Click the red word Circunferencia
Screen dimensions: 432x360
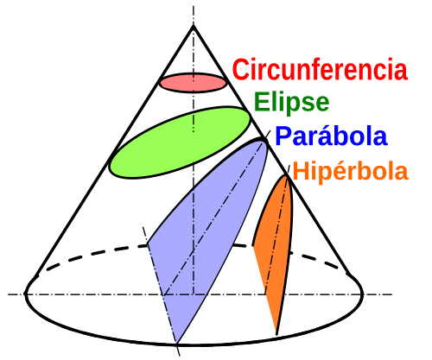(x=320, y=69)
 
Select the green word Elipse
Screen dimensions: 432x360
(x=291, y=103)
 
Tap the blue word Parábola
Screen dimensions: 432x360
(x=331, y=136)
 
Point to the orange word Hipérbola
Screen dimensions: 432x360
(x=351, y=171)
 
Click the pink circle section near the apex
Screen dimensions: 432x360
(x=194, y=83)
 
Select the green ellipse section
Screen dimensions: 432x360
(x=180, y=142)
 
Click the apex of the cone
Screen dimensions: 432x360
(x=194, y=26)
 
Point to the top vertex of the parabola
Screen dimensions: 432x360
(x=264, y=139)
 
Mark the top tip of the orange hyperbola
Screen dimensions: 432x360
(x=286, y=175)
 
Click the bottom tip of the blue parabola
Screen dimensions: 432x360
(x=177, y=344)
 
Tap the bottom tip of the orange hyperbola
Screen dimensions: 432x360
(x=276, y=334)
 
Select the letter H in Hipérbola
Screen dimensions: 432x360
(x=301, y=171)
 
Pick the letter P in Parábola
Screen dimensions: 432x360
(x=283, y=136)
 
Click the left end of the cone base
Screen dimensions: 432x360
(x=26, y=294)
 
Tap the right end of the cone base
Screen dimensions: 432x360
(x=362, y=294)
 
